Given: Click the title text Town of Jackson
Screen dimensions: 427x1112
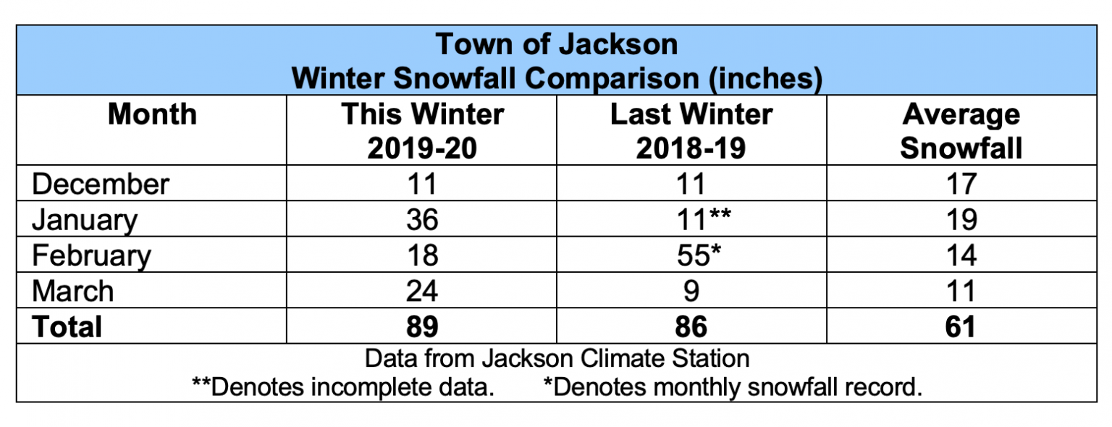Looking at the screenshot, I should point(556,45).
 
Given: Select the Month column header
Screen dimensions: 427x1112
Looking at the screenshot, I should point(152,115).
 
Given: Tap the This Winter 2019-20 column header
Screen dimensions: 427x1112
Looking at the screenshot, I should point(422,131).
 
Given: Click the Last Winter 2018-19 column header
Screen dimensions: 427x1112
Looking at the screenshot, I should point(691,131).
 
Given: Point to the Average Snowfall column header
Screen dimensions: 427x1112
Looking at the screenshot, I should point(961,131).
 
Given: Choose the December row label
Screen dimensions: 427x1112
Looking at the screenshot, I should point(101,184).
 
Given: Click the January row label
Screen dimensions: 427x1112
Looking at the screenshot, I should point(85,220).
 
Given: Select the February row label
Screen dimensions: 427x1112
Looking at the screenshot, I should point(92,255).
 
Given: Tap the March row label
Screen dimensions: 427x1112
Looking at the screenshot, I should point(73,291).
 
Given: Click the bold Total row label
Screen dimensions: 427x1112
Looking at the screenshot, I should point(67,326).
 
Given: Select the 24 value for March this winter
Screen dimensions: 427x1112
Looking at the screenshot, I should point(422,291).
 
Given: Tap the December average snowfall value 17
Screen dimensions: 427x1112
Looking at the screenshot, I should point(961,184).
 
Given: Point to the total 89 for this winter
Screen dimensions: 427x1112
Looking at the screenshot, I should point(422,326).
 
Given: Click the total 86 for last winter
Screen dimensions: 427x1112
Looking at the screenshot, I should point(691,326).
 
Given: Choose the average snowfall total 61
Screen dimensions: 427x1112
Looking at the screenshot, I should point(961,326).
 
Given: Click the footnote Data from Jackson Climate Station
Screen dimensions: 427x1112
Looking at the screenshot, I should point(557,358).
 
